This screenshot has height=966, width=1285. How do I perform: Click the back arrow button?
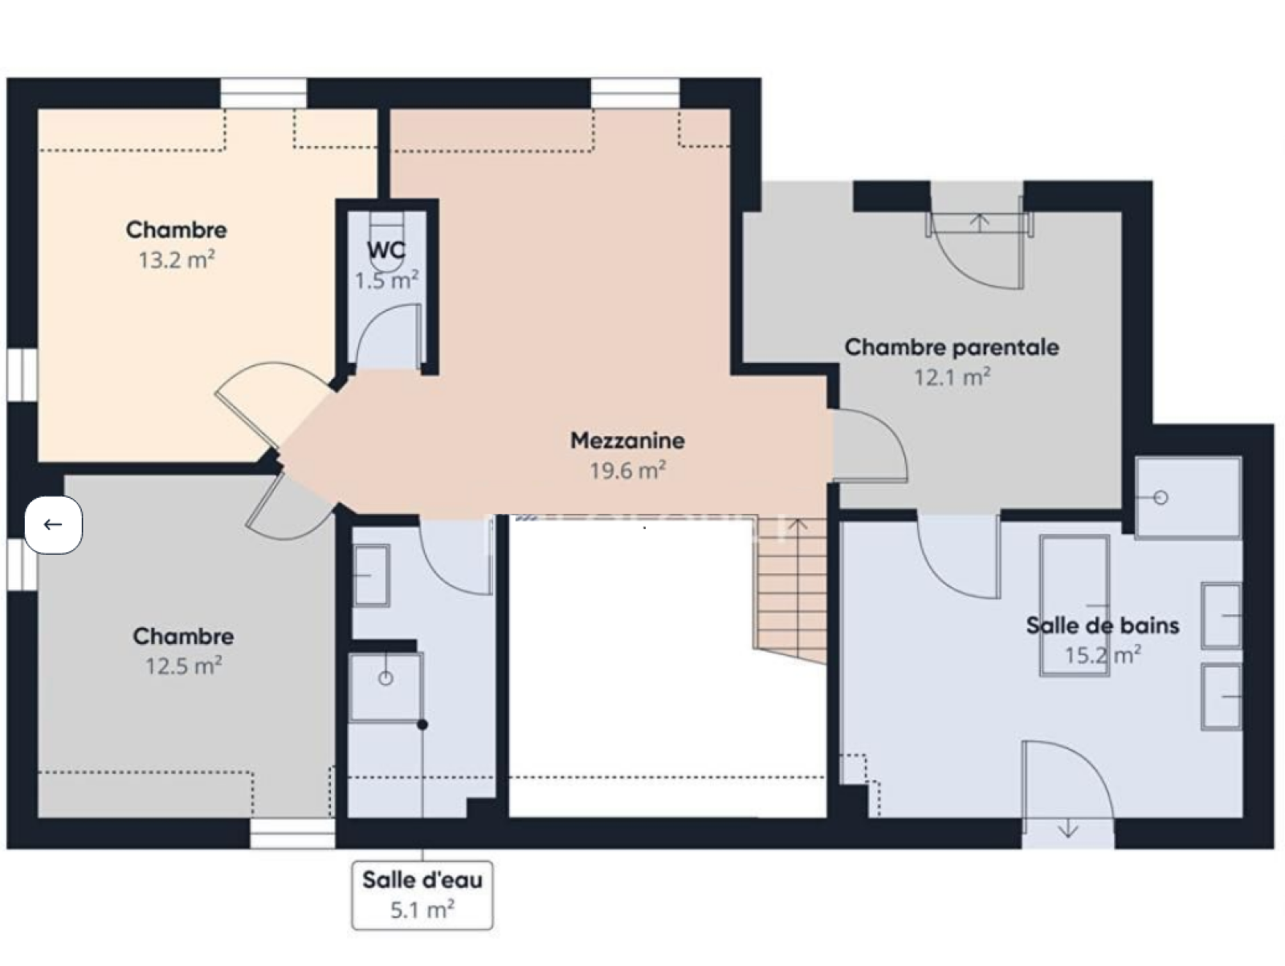53,524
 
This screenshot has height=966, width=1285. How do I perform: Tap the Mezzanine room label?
627,441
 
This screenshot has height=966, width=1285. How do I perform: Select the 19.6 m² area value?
627,470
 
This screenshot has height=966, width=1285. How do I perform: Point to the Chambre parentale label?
952,347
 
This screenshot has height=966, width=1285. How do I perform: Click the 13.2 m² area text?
176,259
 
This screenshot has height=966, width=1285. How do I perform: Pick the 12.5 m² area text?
183,665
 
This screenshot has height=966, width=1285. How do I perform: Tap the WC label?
385,250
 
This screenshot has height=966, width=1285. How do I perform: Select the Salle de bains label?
1103,626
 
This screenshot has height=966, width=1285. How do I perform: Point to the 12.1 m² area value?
952,377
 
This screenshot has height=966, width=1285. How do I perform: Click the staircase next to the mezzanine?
789,591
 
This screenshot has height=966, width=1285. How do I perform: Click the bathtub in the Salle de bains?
1075,605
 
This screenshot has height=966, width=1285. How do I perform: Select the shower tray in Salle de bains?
1189,497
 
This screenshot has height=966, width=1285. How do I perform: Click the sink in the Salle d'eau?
371,575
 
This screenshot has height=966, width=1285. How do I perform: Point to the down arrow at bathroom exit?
1068,829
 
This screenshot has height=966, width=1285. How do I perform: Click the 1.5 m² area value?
387,280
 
